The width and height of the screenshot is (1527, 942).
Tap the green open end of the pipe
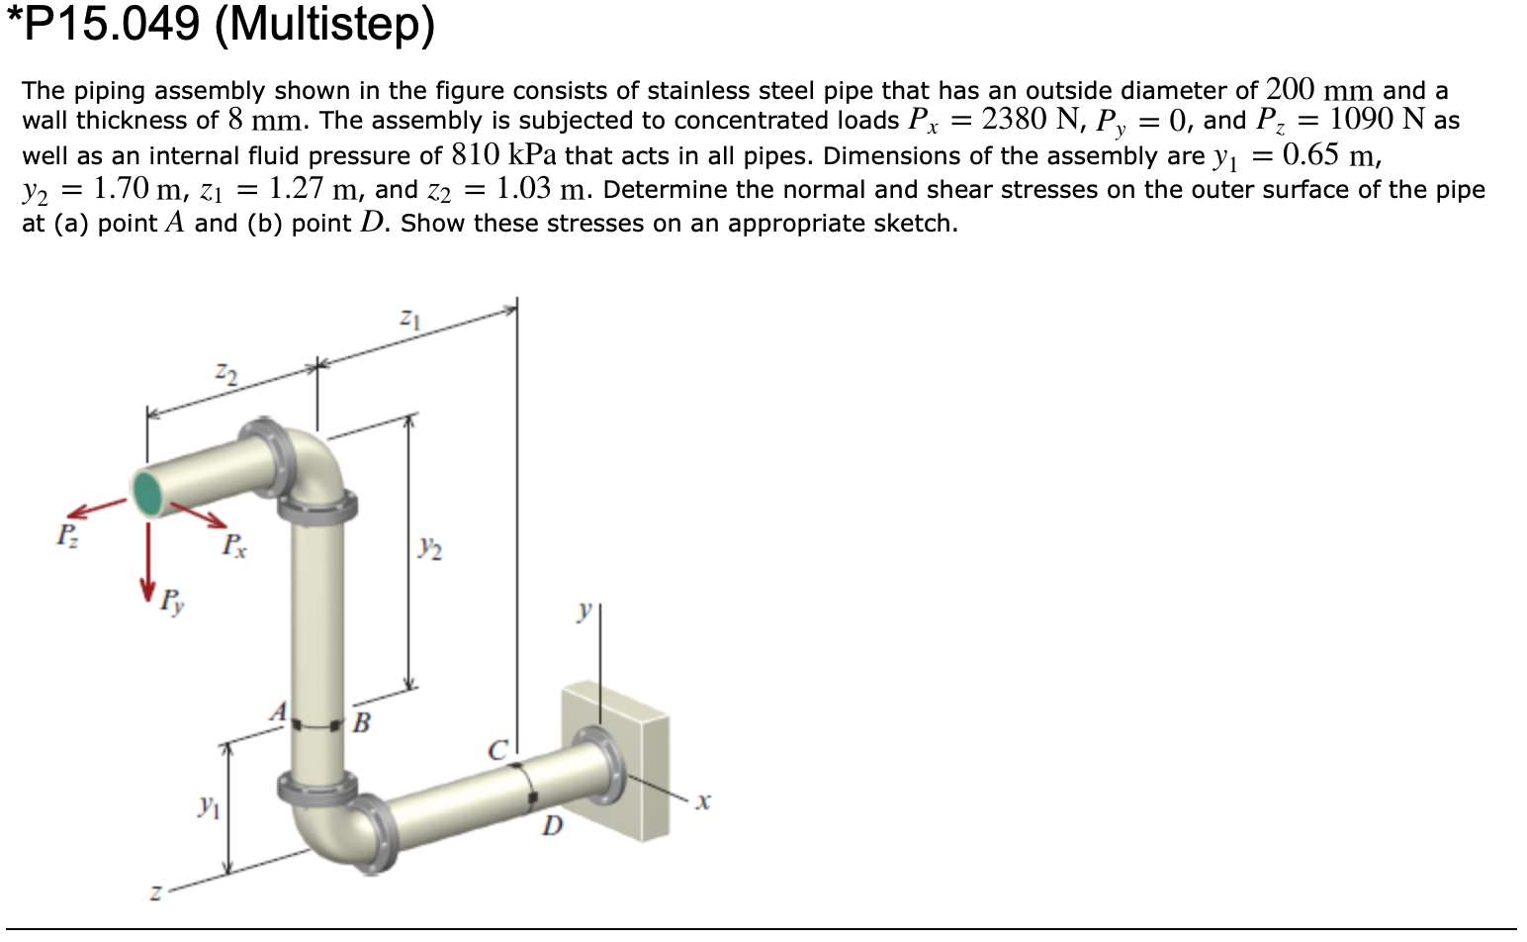(x=149, y=493)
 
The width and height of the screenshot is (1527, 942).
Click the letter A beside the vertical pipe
(x=280, y=711)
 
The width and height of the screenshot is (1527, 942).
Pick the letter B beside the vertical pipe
(x=361, y=723)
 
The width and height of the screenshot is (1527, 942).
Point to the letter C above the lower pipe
(x=497, y=750)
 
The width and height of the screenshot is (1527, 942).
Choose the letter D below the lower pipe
(x=552, y=824)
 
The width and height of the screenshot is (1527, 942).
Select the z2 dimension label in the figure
(x=226, y=373)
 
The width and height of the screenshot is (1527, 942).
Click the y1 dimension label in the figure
(x=207, y=806)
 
